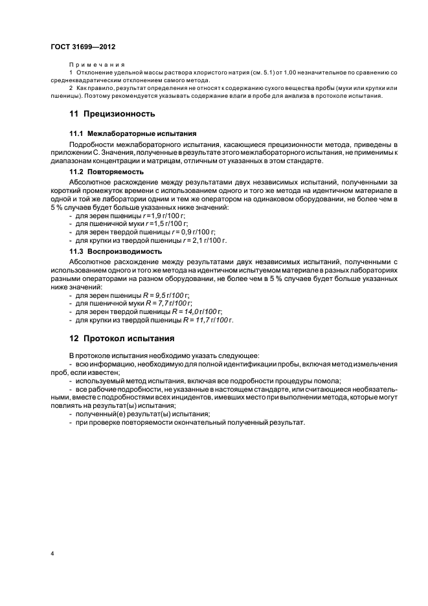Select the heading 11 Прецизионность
112,114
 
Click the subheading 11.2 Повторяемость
106,172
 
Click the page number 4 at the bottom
52,555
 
